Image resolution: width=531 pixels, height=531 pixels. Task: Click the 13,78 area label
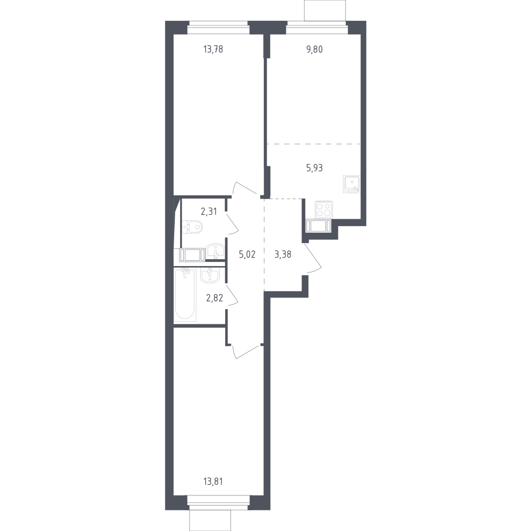click(213, 49)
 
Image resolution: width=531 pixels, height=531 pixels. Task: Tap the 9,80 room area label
click(314, 49)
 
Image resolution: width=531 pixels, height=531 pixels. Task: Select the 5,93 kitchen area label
click(314, 168)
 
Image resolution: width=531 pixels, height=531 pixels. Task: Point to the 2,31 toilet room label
click(209, 212)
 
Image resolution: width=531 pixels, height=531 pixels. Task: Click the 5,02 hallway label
click(247, 255)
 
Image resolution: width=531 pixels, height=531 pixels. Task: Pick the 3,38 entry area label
click(283, 255)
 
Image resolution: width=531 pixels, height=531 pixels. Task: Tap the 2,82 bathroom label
click(215, 298)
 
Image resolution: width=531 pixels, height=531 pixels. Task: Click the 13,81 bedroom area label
click(213, 481)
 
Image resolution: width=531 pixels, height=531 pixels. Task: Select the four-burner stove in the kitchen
click(324, 209)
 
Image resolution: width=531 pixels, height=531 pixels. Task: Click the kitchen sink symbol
click(352, 184)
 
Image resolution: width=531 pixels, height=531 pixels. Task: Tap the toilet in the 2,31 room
click(192, 227)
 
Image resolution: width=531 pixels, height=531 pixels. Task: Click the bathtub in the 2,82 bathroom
click(185, 294)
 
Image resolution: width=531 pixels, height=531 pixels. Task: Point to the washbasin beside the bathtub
click(210, 275)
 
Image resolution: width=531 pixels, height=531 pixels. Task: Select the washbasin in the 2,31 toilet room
click(215, 251)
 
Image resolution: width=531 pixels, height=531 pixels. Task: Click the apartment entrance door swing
click(312, 258)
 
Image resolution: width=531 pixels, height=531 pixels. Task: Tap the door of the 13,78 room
click(246, 189)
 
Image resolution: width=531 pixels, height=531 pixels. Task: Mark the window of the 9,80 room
click(317, 28)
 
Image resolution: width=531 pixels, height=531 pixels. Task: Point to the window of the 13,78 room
click(218, 28)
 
